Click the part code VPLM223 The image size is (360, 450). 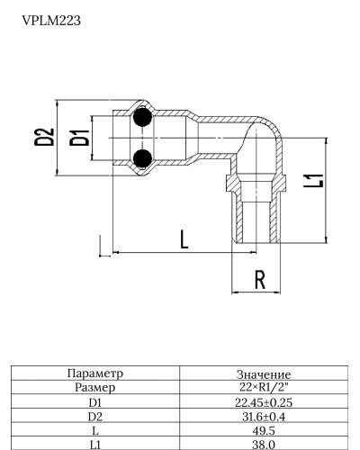click(51, 19)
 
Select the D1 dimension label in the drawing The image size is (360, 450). click(80, 138)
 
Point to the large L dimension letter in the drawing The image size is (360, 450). click(184, 239)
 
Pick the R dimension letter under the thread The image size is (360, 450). click(259, 280)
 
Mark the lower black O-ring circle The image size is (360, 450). click(140, 160)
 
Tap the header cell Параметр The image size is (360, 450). click(94, 373)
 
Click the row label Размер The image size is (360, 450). click(94, 386)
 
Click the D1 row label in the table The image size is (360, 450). click(94, 402)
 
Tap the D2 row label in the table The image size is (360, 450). click(94, 417)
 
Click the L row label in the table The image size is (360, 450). click(94, 431)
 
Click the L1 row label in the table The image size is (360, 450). click(94, 445)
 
